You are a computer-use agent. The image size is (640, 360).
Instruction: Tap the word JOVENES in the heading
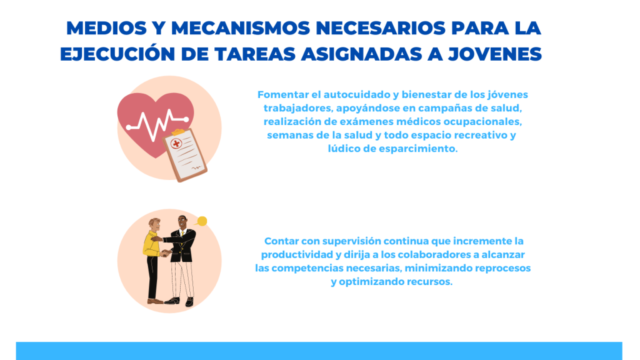495,54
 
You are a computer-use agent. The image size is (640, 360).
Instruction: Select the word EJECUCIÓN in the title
117,54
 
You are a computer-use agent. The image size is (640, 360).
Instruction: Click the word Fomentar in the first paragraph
283,95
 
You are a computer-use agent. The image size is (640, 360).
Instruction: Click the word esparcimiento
418,149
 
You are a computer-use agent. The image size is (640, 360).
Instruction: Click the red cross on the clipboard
176,143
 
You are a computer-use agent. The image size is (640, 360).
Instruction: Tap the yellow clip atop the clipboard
178,132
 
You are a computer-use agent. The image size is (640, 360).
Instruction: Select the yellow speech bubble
201,222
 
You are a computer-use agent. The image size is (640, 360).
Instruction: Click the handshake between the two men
165,253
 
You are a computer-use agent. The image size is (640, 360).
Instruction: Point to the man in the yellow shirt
154,261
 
